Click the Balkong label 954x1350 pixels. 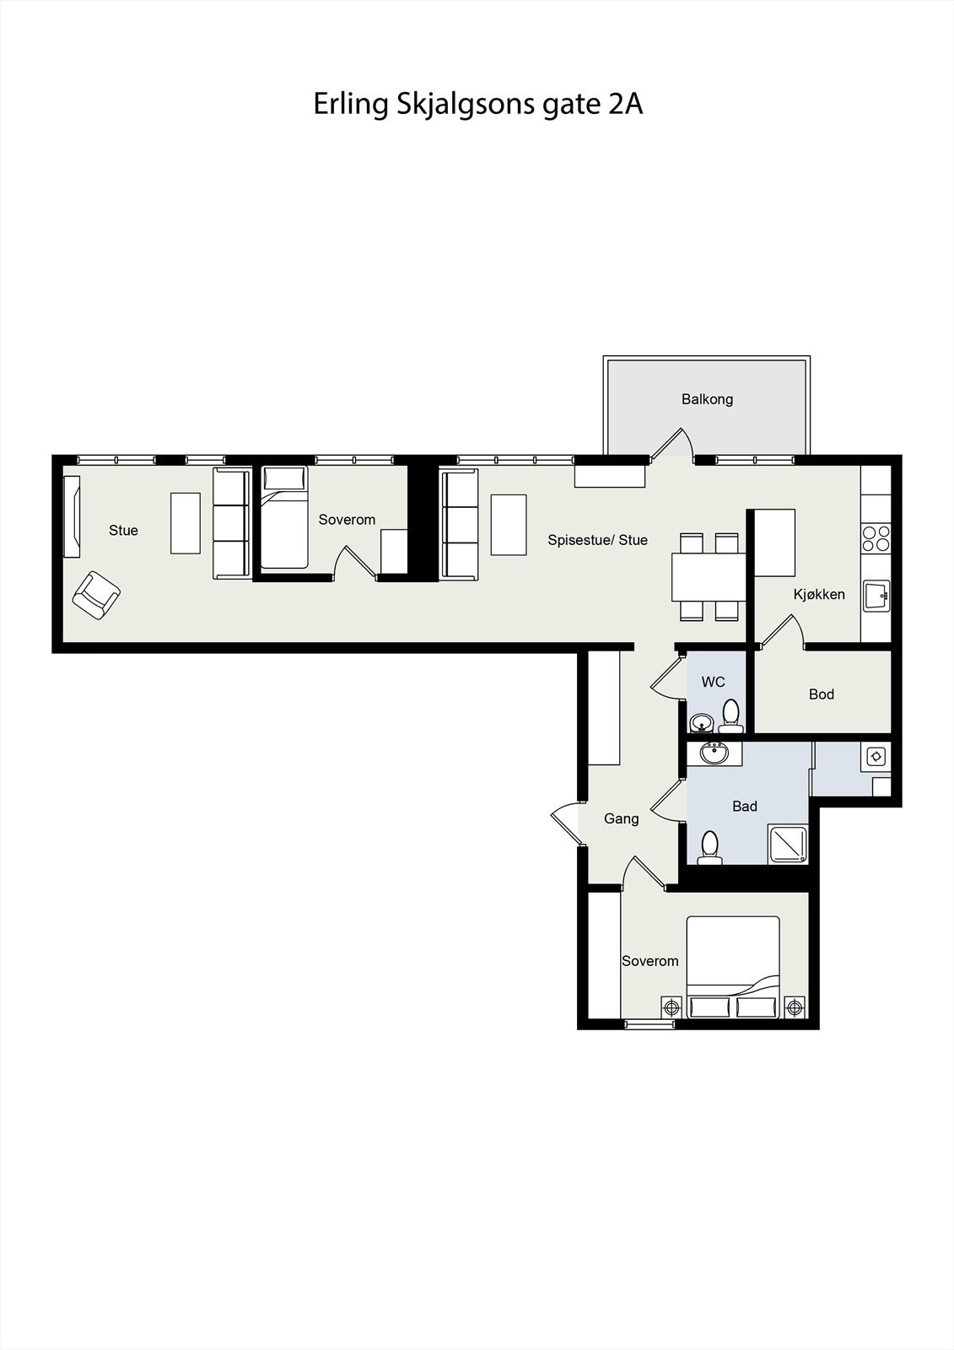pyautogui.click(x=707, y=399)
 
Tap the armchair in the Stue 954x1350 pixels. pyautogui.click(x=95, y=596)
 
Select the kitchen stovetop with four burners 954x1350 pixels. pyautogui.click(x=876, y=537)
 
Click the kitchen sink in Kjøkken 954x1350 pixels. pyautogui.click(x=876, y=595)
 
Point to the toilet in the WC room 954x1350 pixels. pyautogui.click(x=730, y=715)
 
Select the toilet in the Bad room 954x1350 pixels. pyautogui.click(x=710, y=847)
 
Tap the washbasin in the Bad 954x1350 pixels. pyautogui.click(x=714, y=753)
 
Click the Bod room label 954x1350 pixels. pyautogui.click(x=821, y=694)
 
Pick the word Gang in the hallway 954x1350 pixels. pyautogui.click(x=621, y=818)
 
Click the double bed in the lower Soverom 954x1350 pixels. pyautogui.click(x=732, y=966)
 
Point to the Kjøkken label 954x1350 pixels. pyautogui.click(x=818, y=594)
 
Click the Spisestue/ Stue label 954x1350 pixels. pyautogui.click(x=597, y=540)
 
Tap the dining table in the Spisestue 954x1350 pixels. pyautogui.click(x=709, y=576)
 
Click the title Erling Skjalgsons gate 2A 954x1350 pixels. pyautogui.click(x=477, y=104)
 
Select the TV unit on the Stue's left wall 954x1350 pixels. pyautogui.click(x=72, y=516)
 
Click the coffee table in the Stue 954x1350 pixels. pyautogui.click(x=186, y=523)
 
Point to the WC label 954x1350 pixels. pyautogui.click(x=713, y=682)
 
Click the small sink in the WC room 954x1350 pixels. pyautogui.click(x=700, y=723)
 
